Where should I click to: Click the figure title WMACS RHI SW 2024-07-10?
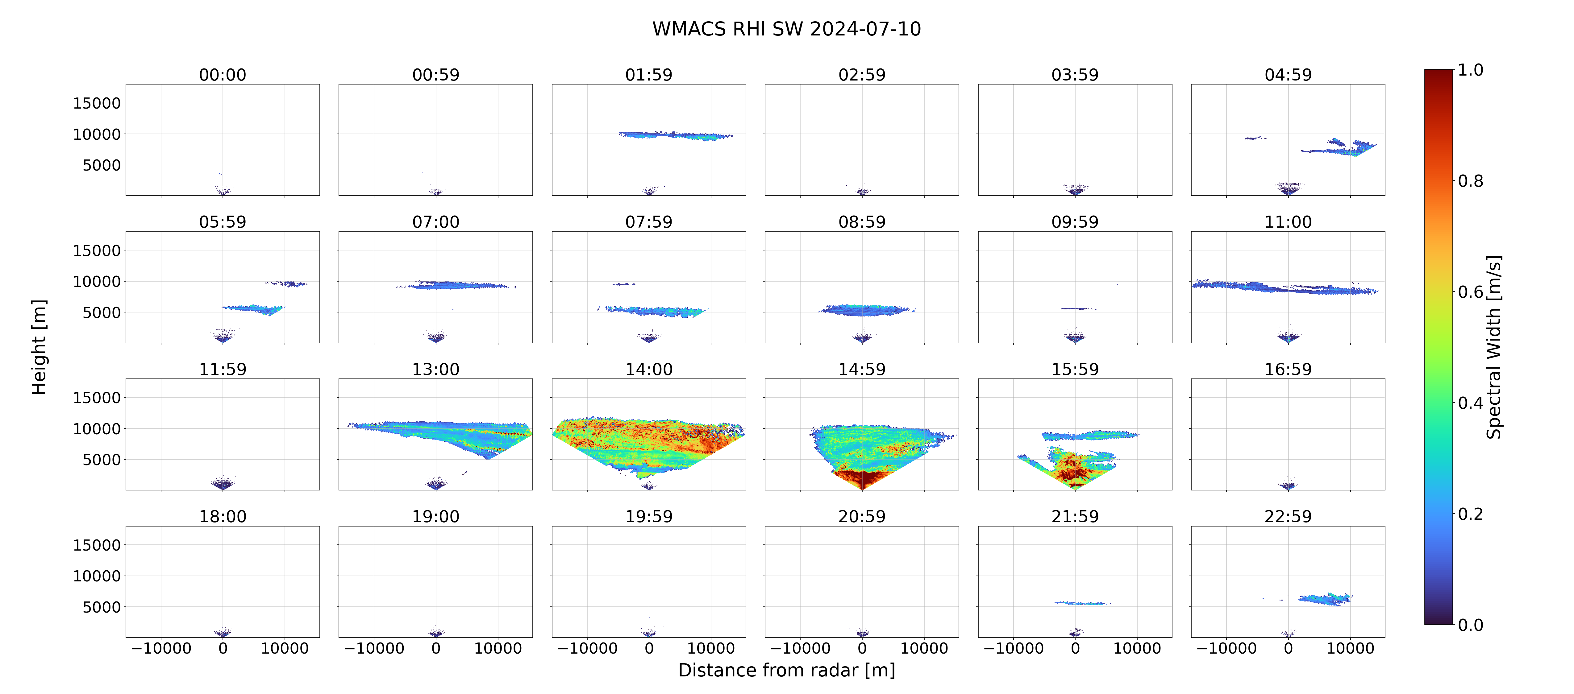[786, 29]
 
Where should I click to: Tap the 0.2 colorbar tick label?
[1471, 514]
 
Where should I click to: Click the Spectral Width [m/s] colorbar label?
[1493, 347]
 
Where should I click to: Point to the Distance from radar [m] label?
[786, 670]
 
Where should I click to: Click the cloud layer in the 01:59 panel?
[675, 135]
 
